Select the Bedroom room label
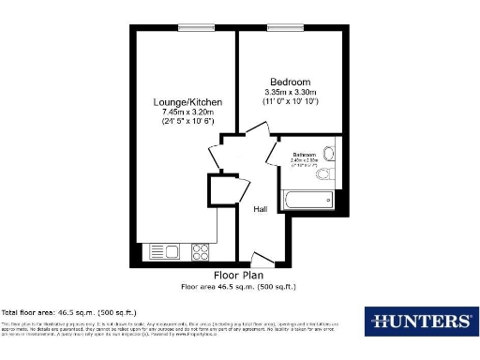click(290, 82)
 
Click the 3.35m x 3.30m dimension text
click(290, 92)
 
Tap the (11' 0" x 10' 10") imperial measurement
click(290, 101)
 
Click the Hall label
click(261, 209)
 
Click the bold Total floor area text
click(69, 311)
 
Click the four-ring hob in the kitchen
click(200, 251)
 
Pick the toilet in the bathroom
click(329, 156)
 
